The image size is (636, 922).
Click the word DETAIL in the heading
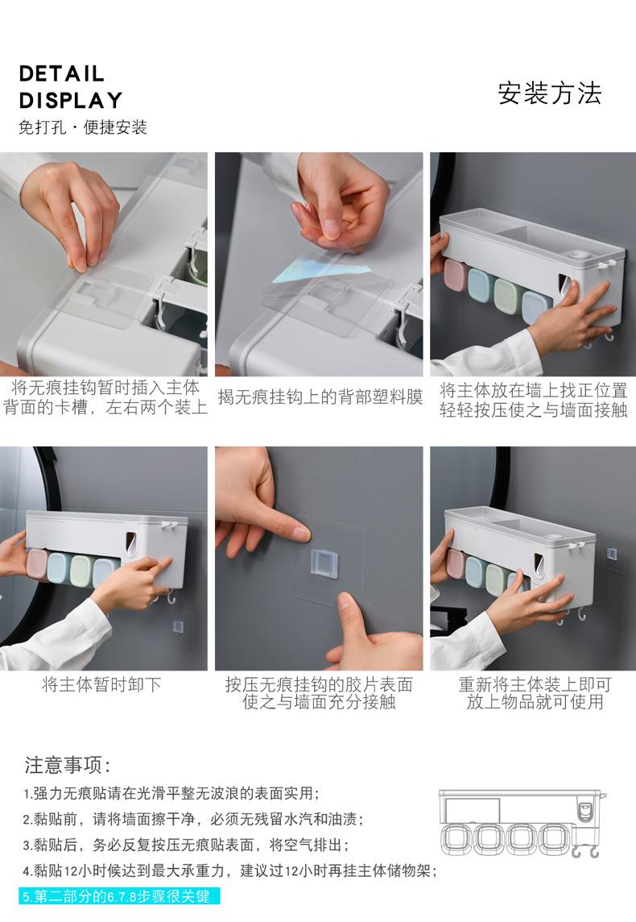coord(62,74)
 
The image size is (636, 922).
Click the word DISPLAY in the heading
coord(71,101)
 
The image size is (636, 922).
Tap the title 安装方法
coord(550,93)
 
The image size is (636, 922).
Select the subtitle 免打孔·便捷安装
coord(83,127)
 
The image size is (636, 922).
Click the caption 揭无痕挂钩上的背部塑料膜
coord(320,397)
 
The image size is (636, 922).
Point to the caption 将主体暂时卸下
coord(101,684)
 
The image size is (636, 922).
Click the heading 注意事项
coord(68,765)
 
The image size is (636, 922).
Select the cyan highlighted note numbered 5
coord(119,896)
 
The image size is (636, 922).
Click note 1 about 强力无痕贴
coord(171,793)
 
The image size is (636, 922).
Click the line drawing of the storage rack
coord(522,823)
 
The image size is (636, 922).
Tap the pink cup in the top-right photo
coord(456,275)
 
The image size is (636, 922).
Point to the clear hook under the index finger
coord(324,563)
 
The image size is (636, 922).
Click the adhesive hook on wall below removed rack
coord(178,626)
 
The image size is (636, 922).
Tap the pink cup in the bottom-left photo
coord(37,564)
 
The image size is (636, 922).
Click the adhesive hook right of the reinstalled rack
coord(612,554)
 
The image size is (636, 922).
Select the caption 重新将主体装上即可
coord(535,684)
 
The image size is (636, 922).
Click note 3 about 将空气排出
coord(186,845)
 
